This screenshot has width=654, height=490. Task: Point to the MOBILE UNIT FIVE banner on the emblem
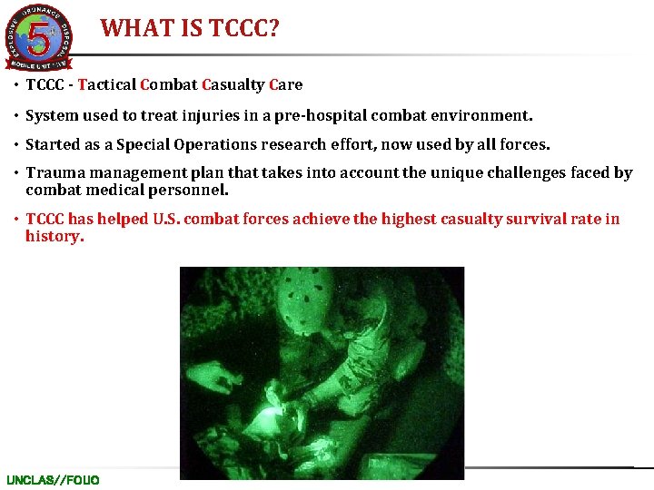click(38, 64)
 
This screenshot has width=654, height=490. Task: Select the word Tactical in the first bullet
click(107, 84)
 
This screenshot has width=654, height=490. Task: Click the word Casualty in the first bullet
click(233, 84)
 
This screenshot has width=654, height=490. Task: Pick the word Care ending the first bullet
click(285, 84)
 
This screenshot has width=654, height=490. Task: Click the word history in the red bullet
click(54, 236)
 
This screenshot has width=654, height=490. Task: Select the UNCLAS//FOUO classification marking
click(53, 479)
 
